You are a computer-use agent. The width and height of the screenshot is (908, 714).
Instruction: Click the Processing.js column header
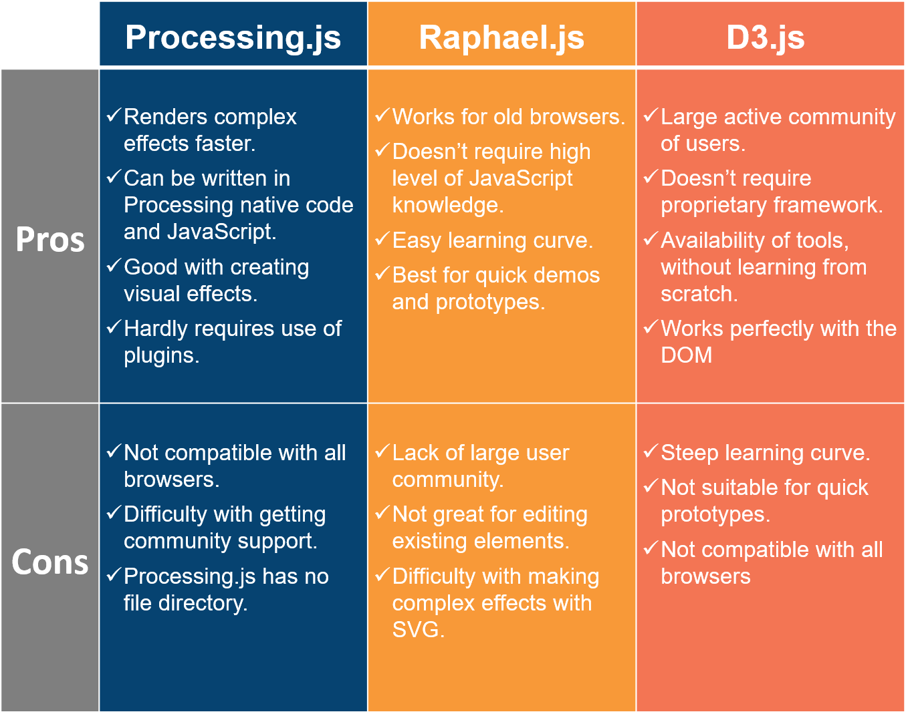(x=233, y=37)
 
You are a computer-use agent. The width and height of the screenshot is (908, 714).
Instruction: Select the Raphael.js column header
(x=501, y=37)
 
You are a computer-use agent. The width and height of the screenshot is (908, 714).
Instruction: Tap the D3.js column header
(x=765, y=37)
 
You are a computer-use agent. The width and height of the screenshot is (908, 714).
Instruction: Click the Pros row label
(x=50, y=240)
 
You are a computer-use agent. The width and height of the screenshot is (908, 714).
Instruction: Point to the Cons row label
(x=50, y=562)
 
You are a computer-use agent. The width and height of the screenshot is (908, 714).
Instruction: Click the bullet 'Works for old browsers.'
(x=508, y=117)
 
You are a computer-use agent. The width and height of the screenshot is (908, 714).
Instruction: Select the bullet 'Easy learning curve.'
(x=492, y=240)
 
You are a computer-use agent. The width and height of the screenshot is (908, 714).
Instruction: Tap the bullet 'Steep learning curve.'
(x=765, y=453)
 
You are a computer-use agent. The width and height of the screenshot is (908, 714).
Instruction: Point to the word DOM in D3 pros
(x=686, y=355)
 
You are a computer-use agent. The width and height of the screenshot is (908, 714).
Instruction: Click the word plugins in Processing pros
(x=160, y=356)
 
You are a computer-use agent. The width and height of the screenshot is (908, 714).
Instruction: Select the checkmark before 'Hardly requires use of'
(x=114, y=327)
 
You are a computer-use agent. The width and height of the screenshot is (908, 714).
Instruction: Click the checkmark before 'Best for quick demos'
(x=382, y=274)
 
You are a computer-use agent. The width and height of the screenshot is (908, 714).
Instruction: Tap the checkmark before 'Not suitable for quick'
(x=651, y=486)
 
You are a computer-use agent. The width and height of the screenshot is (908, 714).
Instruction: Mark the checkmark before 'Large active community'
(x=651, y=116)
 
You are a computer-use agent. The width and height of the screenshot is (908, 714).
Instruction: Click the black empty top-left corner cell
(x=49, y=33)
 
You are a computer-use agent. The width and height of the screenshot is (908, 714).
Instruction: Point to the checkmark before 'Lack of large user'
(x=382, y=452)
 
